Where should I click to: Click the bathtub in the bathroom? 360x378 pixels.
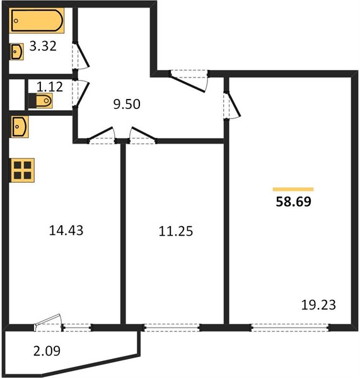(37, 21)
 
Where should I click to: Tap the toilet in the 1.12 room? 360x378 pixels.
(40, 101)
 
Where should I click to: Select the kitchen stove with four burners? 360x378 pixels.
(22, 170)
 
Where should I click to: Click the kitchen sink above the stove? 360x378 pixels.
(20, 127)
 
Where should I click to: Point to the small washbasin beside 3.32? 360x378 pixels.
(17, 52)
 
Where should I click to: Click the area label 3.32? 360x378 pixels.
(43, 46)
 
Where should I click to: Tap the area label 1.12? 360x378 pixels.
(50, 86)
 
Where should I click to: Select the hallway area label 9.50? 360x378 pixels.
(127, 104)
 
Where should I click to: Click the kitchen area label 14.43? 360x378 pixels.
(66, 230)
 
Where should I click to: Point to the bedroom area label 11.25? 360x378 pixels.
(176, 231)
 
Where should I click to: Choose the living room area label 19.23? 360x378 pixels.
(318, 305)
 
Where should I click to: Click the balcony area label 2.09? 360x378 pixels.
(47, 351)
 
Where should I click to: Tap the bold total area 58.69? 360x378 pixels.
(293, 202)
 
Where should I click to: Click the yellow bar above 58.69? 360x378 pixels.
(293, 189)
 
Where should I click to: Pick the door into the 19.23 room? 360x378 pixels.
(231, 105)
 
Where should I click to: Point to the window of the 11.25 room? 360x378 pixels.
(171, 328)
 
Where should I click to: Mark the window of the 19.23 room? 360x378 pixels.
(290, 328)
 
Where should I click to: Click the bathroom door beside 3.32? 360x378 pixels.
(81, 55)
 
